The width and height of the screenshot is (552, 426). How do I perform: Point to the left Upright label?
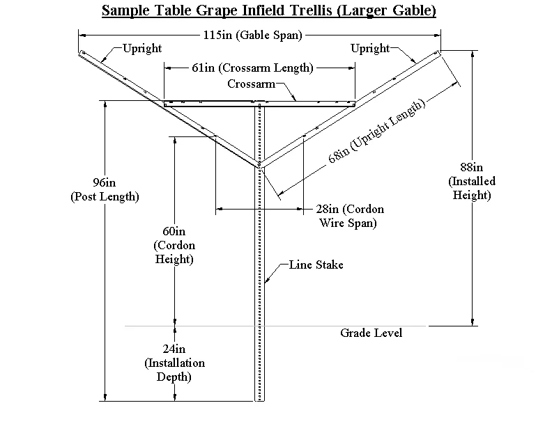coord(141,49)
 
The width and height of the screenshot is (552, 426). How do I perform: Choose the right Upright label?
coord(370,49)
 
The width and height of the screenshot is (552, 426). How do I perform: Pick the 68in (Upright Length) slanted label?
coord(376,132)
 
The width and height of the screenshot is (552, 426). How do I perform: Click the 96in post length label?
coord(105,189)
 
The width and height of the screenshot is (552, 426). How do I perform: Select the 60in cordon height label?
coord(174,245)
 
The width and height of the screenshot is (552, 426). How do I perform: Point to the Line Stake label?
coord(316,265)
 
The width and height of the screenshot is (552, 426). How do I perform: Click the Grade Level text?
coord(371,333)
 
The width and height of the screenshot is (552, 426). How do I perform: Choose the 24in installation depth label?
coord(174,363)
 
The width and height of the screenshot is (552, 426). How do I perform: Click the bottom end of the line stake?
coord(260,400)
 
